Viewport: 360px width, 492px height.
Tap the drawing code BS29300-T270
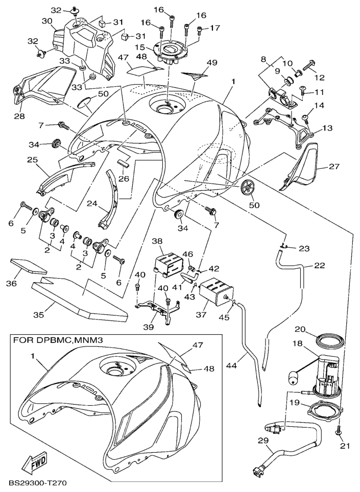coord(37,482)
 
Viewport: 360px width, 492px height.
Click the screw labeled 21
coord(339,432)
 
